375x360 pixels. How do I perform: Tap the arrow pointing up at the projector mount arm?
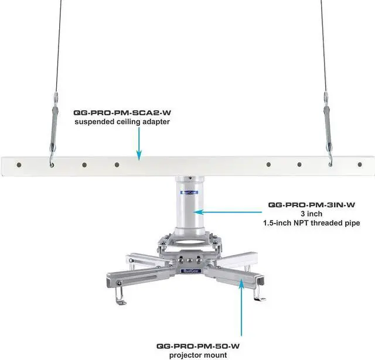coord(241,304)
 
